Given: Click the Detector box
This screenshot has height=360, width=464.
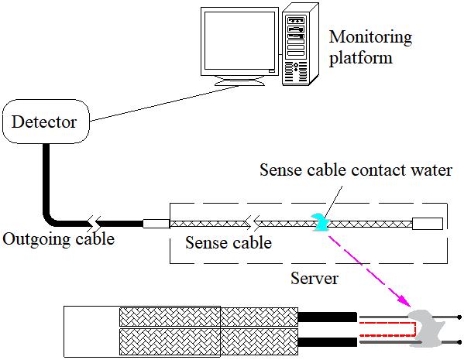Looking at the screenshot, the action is click(46, 122).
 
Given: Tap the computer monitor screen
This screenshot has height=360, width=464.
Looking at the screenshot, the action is click(239, 40).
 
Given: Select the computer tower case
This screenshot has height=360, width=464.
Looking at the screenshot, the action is click(300, 44).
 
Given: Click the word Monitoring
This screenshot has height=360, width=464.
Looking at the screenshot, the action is click(370, 38).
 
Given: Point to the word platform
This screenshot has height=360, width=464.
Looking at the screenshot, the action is click(361, 57).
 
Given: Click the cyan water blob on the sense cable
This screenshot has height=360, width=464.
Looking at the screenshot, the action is click(320, 222).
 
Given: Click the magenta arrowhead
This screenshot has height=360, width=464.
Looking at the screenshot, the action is click(404, 301).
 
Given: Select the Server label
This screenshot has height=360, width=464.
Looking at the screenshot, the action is click(314, 278).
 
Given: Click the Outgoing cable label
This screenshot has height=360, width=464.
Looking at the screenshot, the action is click(59, 239).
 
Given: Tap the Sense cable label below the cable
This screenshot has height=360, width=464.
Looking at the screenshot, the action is click(229, 243).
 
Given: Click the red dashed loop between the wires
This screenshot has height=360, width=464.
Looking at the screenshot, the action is click(387, 329).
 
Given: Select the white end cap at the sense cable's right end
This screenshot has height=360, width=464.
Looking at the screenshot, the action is click(428, 224).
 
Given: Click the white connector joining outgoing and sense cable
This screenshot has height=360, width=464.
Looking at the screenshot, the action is click(156, 224).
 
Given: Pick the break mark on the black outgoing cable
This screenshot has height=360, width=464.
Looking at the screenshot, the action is click(94, 224).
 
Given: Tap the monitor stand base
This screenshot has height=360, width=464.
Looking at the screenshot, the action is click(239, 82).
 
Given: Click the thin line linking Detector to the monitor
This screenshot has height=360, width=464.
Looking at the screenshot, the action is click(164, 104).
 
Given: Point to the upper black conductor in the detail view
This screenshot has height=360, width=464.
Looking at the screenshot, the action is click(328, 317).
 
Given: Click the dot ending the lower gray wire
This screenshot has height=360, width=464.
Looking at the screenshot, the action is click(459, 342).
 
